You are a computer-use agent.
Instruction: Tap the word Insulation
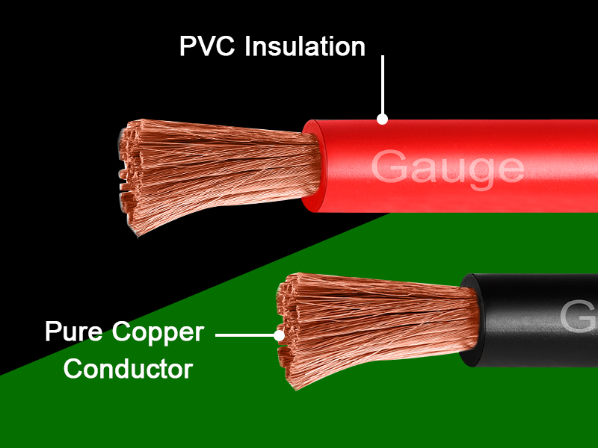(305, 46)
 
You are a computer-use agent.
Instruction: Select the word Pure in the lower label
(73, 331)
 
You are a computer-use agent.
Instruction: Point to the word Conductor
(128, 369)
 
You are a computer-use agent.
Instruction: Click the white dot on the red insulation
(383, 119)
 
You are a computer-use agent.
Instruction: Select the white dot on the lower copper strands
(279, 335)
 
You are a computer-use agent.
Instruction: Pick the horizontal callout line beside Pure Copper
(245, 335)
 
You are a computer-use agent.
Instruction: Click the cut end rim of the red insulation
(314, 166)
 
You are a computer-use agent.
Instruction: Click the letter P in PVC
(187, 46)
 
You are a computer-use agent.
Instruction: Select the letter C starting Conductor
(73, 369)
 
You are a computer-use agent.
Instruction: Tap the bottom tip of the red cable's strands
(138, 236)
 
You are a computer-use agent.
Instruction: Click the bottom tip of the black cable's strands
(296, 389)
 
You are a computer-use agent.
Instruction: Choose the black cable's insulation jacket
(534, 320)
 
